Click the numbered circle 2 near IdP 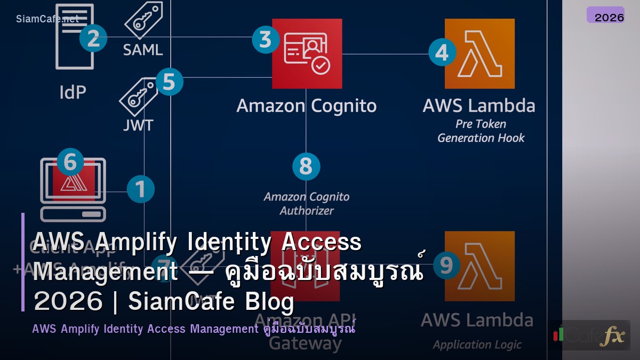[x=93, y=39]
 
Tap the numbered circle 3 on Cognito [x=266, y=39]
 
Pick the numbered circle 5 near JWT [x=169, y=82]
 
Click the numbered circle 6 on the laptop [x=70, y=163]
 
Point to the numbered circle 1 [x=141, y=189]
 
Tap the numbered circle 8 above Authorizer [x=306, y=166]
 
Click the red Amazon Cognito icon [x=307, y=53]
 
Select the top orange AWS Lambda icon [x=479, y=53]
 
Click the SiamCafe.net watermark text [x=47, y=19]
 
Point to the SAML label [x=142, y=50]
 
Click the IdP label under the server [x=73, y=92]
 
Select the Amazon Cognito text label [x=307, y=106]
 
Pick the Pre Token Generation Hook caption [x=481, y=131]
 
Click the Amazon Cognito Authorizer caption [x=307, y=204]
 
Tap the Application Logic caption [x=477, y=345]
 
